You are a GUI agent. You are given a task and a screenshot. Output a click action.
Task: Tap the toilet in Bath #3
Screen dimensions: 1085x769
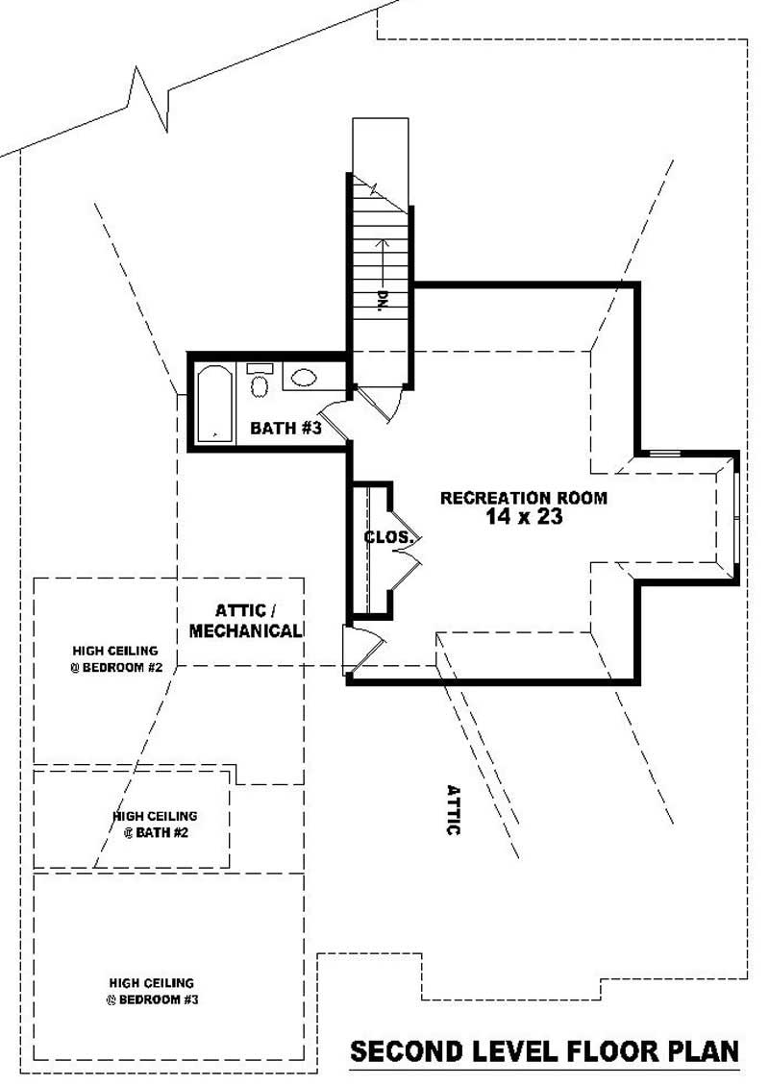click(x=260, y=382)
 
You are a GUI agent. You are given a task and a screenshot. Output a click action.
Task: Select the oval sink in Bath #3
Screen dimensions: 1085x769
click(x=304, y=378)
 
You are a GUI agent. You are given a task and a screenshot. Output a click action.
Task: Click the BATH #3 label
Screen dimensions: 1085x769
click(x=285, y=429)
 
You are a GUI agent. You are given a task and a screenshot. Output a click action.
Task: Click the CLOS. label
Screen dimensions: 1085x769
click(x=388, y=537)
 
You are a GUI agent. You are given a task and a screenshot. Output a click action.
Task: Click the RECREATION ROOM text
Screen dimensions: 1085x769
click(x=523, y=498)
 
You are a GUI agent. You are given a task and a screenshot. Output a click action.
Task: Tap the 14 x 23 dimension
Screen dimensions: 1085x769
click(x=523, y=517)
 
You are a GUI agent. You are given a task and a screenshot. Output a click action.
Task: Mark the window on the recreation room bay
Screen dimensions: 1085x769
click(x=735, y=519)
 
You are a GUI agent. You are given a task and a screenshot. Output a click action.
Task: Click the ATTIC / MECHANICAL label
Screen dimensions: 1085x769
click(x=246, y=621)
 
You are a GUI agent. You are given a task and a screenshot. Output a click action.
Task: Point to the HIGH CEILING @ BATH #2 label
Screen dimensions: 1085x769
click(x=155, y=825)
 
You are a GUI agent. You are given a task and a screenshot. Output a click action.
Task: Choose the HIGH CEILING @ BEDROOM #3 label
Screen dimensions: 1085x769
click(x=152, y=991)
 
